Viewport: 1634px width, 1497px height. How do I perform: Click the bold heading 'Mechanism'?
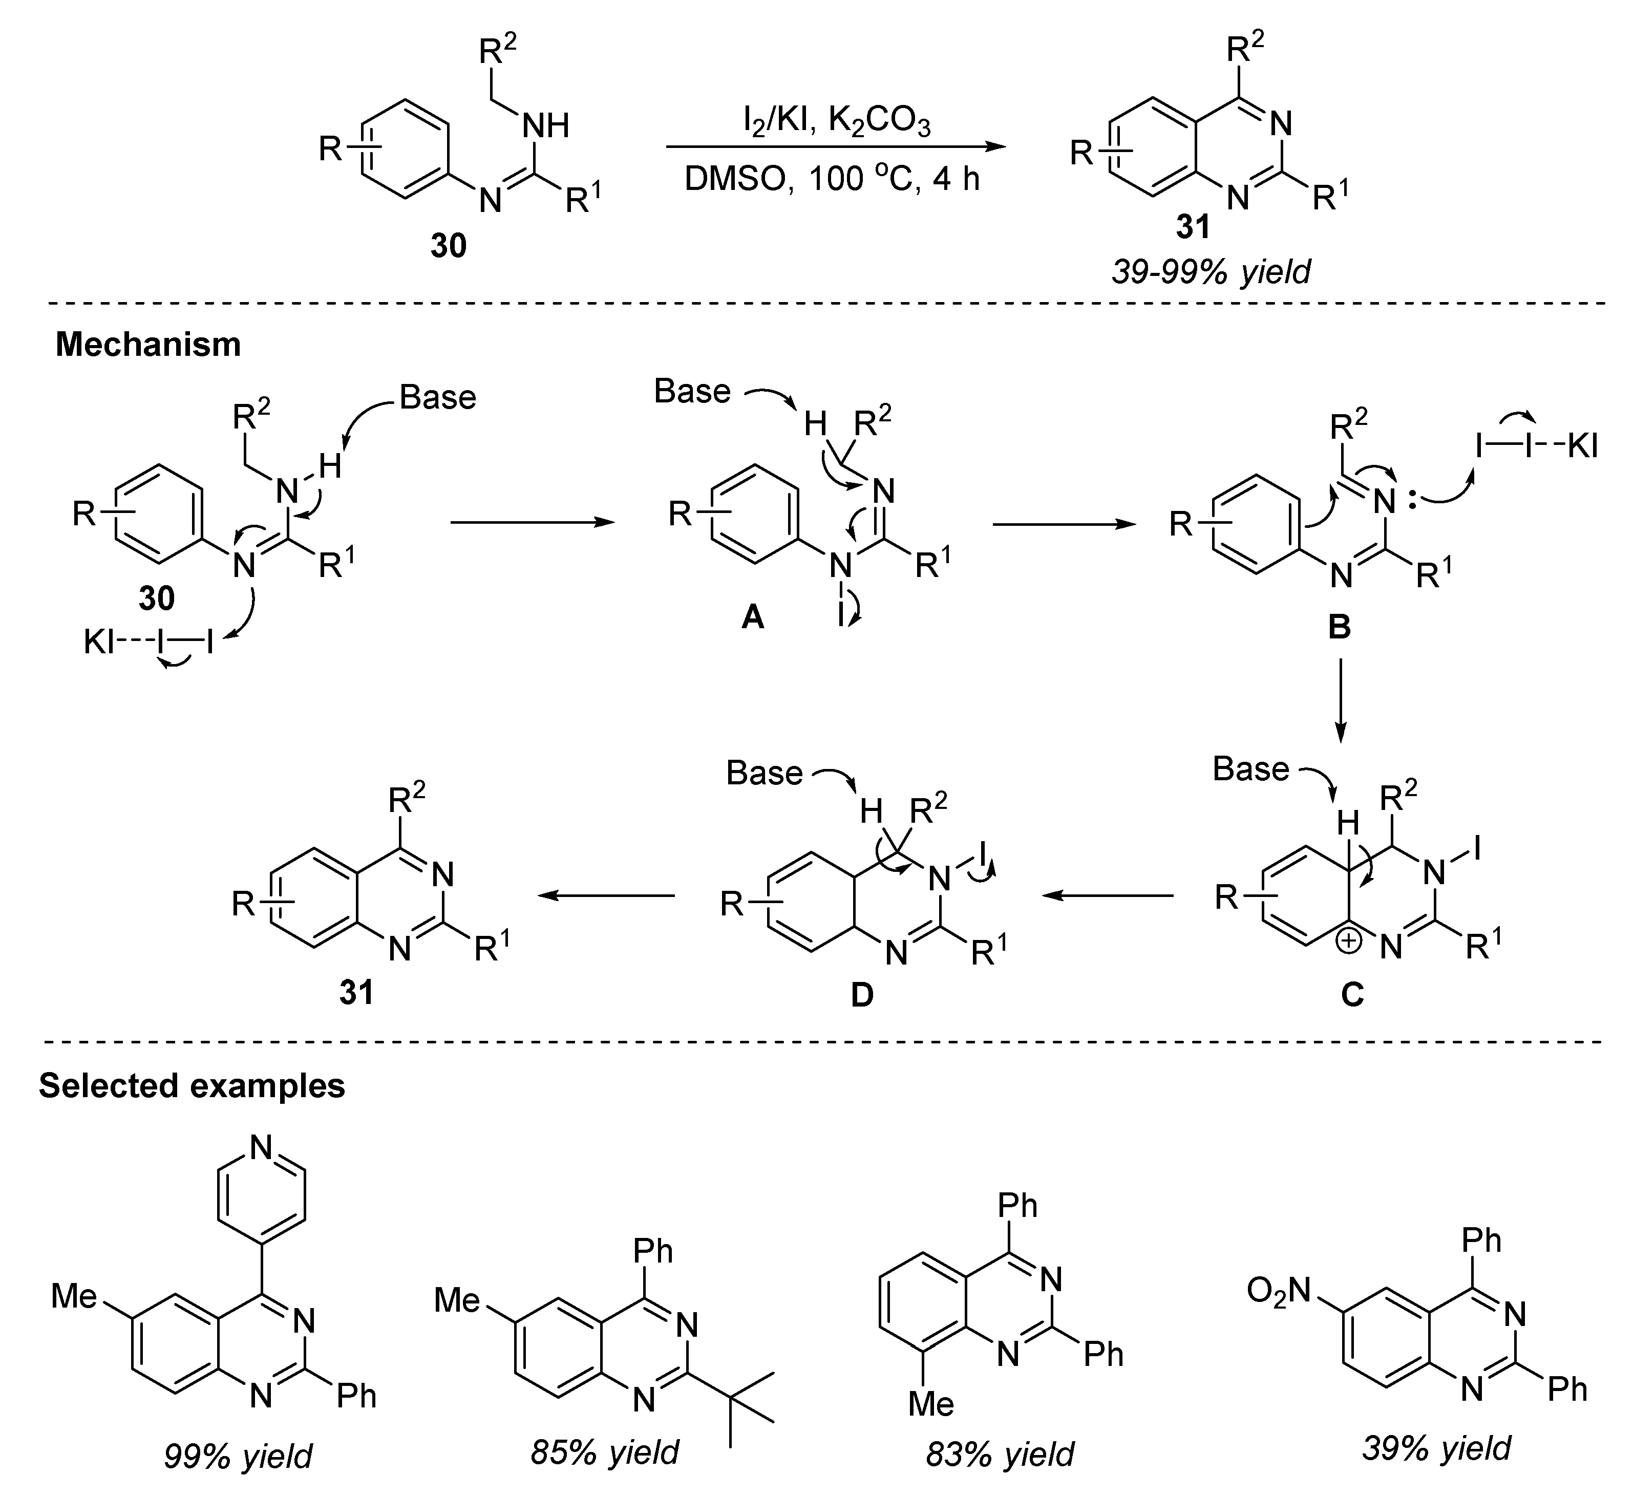[148, 345]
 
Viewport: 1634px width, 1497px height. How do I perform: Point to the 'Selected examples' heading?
[192, 1085]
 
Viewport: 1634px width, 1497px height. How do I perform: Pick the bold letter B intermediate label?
[1339, 626]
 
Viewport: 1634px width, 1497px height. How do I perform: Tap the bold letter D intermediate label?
[862, 994]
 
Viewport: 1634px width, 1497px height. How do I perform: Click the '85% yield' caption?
[605, 1451]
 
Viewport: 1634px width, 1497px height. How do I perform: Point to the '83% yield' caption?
[1000, 1454]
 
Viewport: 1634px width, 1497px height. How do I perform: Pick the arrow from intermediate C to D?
[1107, 895]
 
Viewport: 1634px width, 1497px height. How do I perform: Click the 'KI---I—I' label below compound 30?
[150, 644]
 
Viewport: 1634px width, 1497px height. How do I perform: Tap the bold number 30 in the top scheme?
[448, 245]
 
